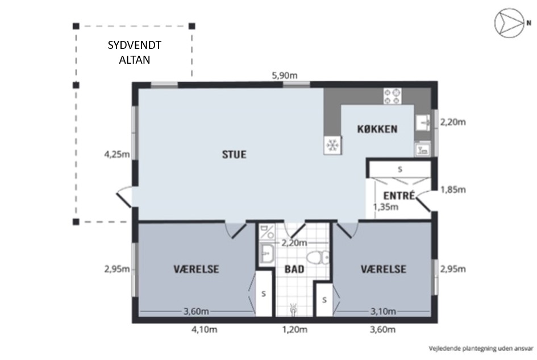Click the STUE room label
[234, 155]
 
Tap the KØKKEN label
[377, 129]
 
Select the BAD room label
[294, 269]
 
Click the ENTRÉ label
[399, 195]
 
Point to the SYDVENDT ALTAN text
[135, 52]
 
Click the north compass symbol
[510, 23]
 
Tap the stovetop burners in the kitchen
[393, 96]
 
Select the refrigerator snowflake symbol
[332, 145]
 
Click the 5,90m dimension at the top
[285, 76]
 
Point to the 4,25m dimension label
[117, 155]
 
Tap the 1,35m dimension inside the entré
[386, 207]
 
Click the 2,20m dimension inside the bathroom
[294, 243]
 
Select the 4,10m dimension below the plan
[205, 330]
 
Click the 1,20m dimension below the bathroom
[294, 330]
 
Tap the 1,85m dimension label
[453, 189]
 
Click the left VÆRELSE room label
[196, 269]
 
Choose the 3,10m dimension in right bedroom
[383, 312]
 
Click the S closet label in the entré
[400, 169]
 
